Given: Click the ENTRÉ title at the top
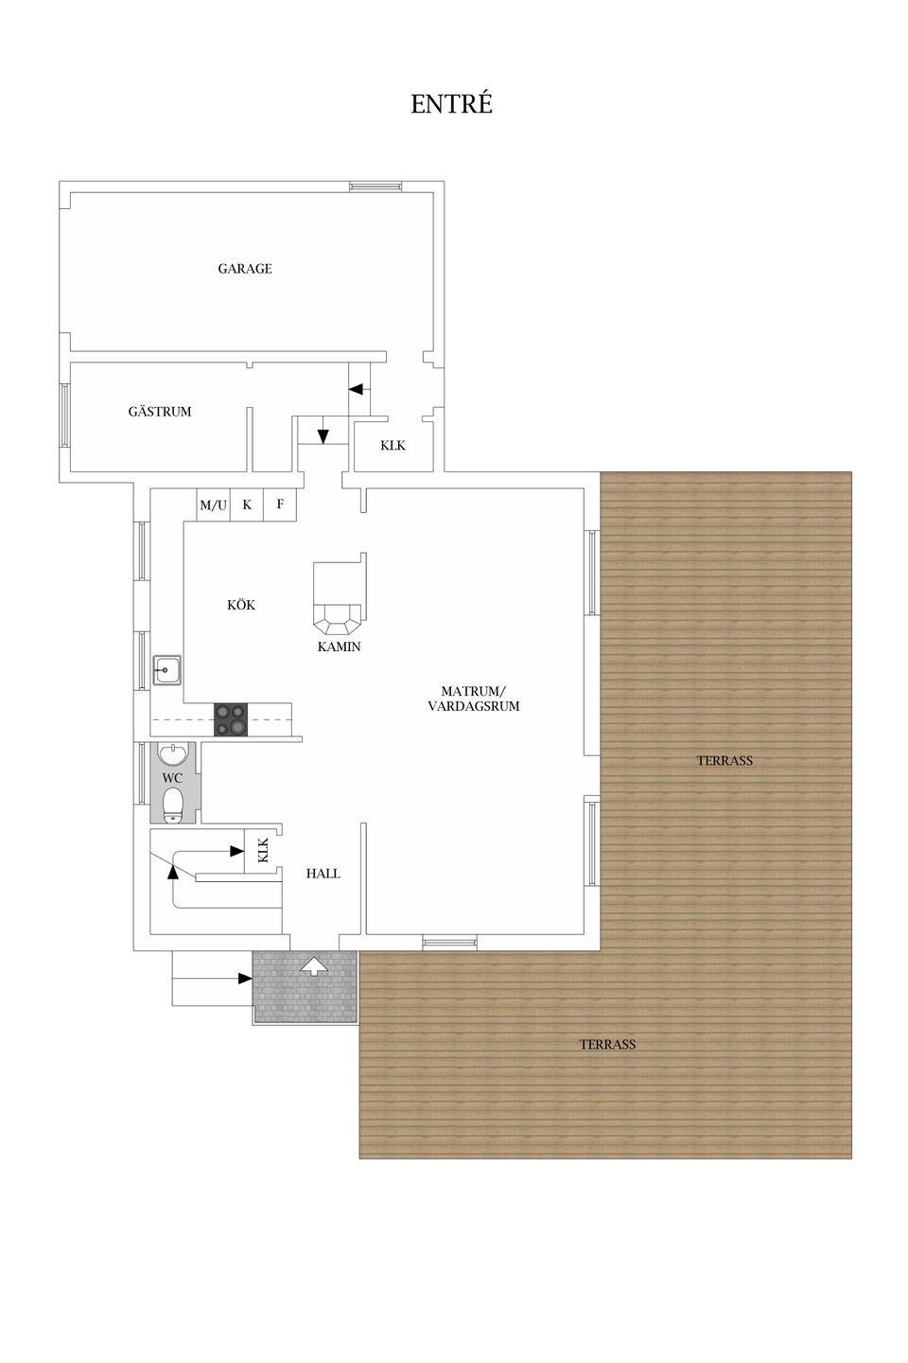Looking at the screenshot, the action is (451, 103).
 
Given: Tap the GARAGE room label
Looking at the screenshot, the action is (245, 269).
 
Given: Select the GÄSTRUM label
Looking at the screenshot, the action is (160, 411).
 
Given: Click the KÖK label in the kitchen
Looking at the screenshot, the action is (241, 604).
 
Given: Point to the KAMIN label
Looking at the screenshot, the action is (339, 646).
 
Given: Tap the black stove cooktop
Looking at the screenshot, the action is (231, 719).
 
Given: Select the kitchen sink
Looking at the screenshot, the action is (166, 669).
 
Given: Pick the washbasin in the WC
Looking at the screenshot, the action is (173, 753).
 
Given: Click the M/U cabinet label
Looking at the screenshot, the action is (214, 505).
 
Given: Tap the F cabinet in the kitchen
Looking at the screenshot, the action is (280, 504).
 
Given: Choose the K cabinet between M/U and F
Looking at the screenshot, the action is (247, 504).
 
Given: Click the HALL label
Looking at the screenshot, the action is (323, 874).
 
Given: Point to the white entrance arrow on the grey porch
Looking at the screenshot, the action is (314, 965).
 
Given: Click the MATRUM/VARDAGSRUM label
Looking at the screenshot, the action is (473, 699).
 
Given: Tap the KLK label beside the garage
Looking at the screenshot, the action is (393, 446).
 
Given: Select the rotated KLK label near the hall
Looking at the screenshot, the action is (263, 850).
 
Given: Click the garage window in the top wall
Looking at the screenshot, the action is (375, 186).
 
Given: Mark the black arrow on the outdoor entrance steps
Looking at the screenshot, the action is (245, 979).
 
